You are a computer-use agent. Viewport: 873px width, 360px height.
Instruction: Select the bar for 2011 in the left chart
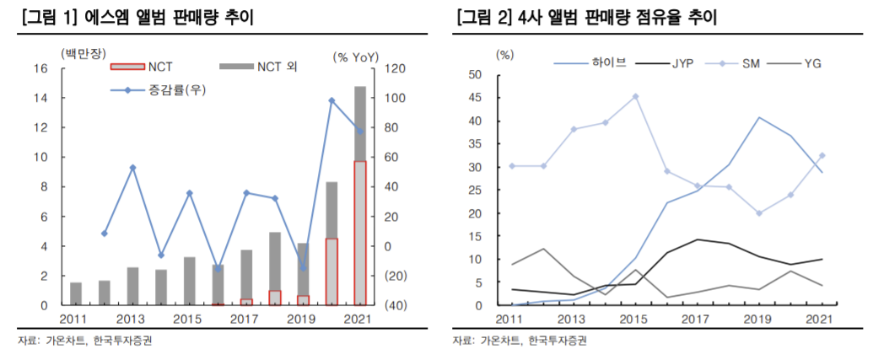pyautogui.click(x=76, y=293)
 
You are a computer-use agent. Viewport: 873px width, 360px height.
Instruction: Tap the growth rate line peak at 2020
pyautogui.click(x=331, y=100)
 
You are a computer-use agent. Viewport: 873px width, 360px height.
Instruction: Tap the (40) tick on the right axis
pyautogui.click(x=395, y=305)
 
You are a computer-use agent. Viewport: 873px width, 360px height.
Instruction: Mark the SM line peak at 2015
pyautogui.click(x=635, y=96)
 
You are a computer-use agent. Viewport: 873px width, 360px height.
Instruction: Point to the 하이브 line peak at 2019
pyautogui.click(x=759, y=117)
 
